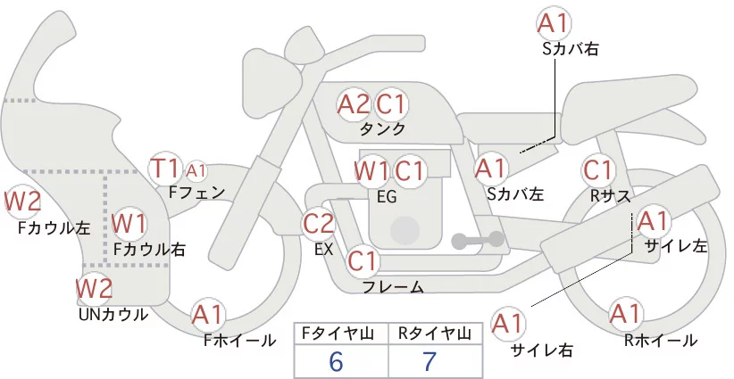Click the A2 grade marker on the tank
pyautogui.click(x=354, y=104)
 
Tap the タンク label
pyautogui.click(x=382, y=129)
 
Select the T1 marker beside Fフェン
pyautogui.click(x=164, y=169)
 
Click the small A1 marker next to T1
pyautogui.click(x=196, y=171)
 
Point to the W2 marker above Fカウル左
pyautogui.click(x=22, y=202)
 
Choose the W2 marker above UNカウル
pyautogui.click(x=95, y=288)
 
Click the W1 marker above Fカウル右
pyautogui.click(x=129, y=224)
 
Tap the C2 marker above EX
pyautogui.click(x=319, y=223)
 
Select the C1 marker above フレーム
pyautogui.click(x=363, y=261)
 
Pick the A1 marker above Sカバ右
pyautogui.click(x=555, y=23)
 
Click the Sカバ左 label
pyautogui.click(x=515, y=194)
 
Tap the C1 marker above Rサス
pyautogui.click(x=598, y=170)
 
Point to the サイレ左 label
pyautogui.click(x=676, y=246)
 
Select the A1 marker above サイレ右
pyautogui.click(x=508, y=324)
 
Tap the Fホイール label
pyautogui.click(x=239, y=341)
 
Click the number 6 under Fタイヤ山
pyautogui.click(x=336, y=362)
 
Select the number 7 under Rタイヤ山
pyautogui.click(x=430, y=362)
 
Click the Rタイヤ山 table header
pyautogui.click(x=435, y=334)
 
